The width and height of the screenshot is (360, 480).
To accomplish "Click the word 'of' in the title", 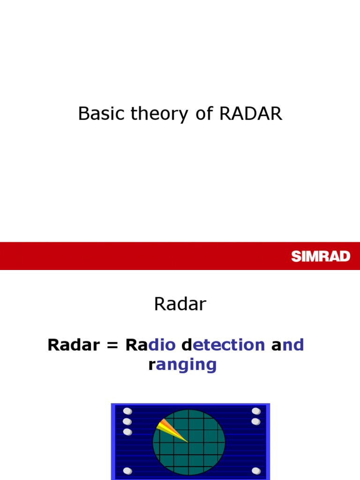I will (x=204, y=113).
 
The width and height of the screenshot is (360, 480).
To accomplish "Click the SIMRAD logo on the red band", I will (x=321, y=256).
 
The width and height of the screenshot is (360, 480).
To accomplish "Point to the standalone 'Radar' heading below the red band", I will (x=180, y=305).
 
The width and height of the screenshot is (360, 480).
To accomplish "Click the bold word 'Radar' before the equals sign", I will (x=75, y=345).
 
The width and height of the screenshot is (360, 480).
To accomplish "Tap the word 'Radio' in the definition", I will (x=150, y=345).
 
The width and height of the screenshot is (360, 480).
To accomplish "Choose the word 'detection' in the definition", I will (x=223, y=345).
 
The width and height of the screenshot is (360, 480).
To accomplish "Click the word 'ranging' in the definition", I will (x=182, y=364).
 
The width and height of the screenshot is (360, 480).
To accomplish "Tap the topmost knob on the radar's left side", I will (x=127, y=412).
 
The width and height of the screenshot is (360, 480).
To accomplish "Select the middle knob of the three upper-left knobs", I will (x=127, y=421).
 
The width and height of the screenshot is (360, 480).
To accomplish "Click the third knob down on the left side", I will (x=127, y=431).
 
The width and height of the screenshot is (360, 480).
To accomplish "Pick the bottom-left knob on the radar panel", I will (x=127, y=471).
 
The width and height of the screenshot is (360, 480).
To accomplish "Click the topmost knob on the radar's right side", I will (x=256, y=412).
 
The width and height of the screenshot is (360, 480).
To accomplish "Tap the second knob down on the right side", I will (x=256, y=421).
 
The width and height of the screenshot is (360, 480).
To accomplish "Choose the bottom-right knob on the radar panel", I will (x=256, y=471).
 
